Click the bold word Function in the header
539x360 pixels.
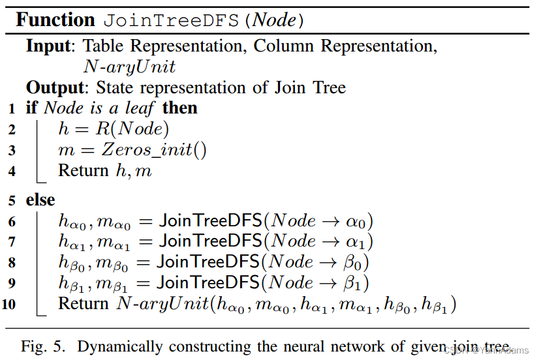pos(55,20)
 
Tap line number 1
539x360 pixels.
pos(12,108)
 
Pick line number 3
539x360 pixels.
pos(12,151)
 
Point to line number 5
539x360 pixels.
pos(12,200)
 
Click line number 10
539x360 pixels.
pos(10,305)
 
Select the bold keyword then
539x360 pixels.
pos(179,108)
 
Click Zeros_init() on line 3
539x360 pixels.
pos(155,151)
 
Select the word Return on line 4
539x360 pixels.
pos(84,171)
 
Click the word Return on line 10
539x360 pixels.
pos(84,304)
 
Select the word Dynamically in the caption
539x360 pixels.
pos(120,346)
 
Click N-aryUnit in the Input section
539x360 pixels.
pos(130,67)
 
